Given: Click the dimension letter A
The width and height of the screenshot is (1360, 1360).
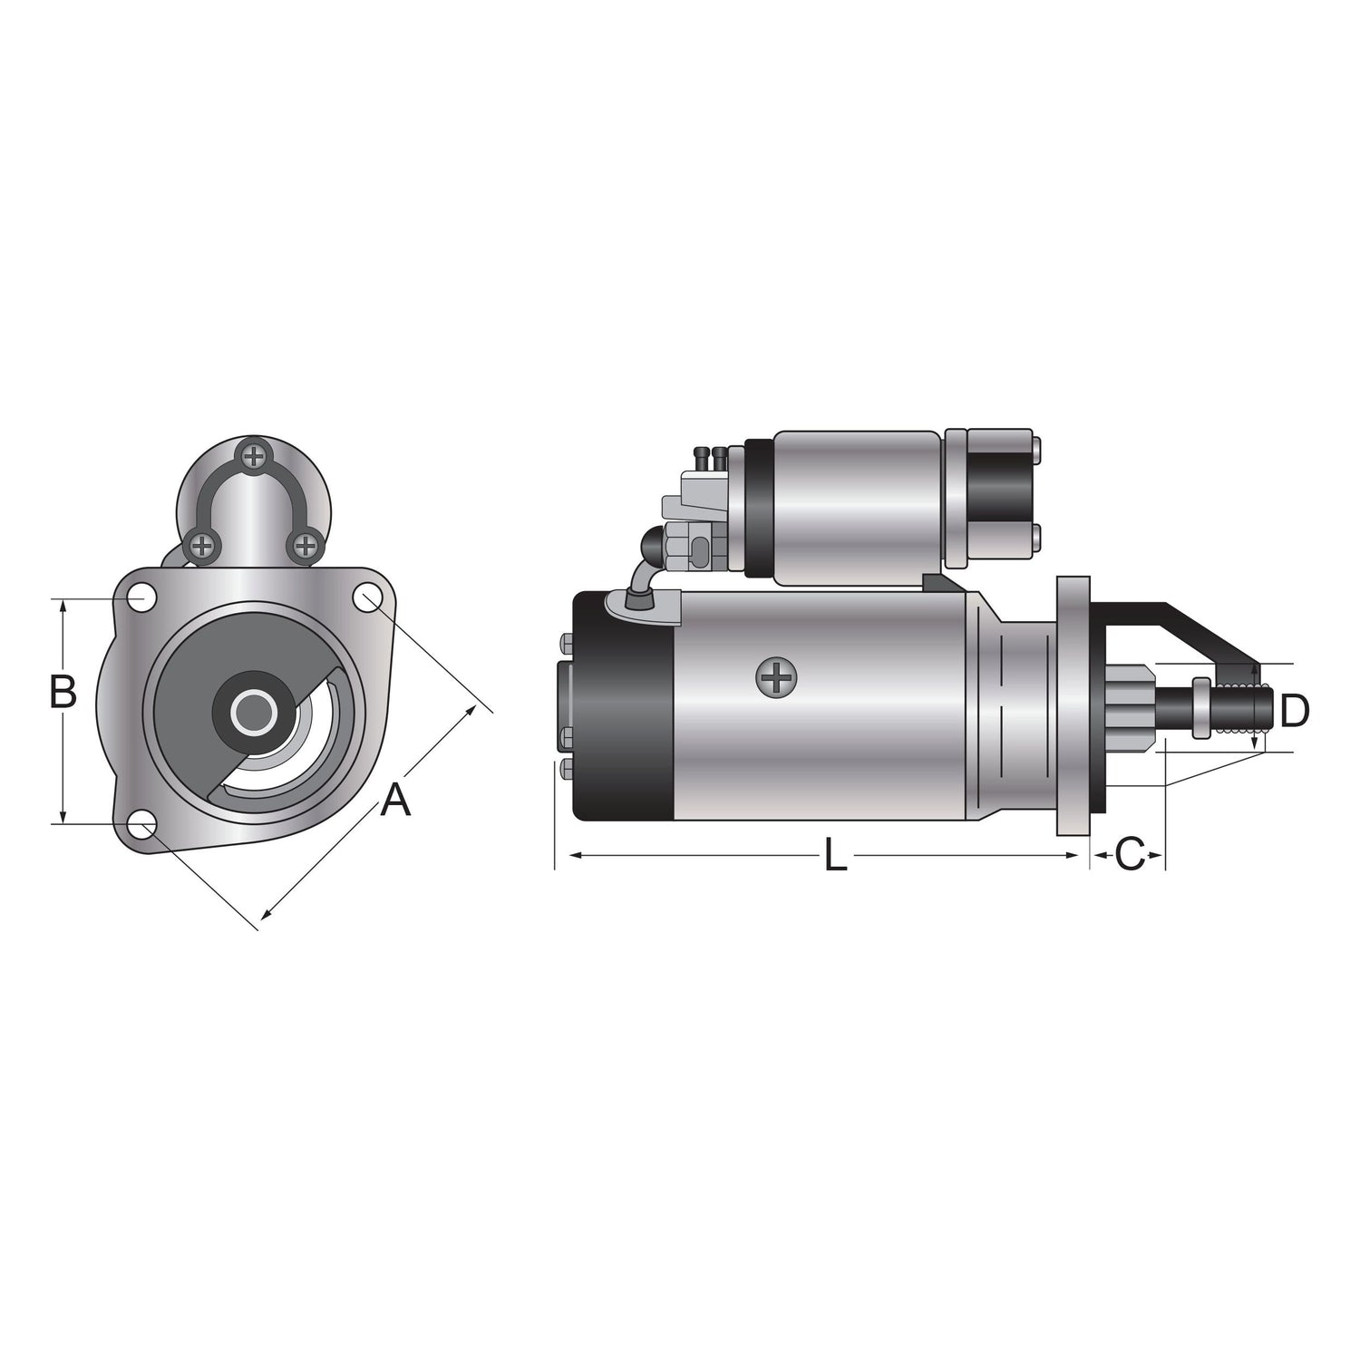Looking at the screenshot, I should [395, 801].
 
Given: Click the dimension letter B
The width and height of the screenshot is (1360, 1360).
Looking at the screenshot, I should [63, 692].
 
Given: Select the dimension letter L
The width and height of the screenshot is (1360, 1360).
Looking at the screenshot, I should [835, 856].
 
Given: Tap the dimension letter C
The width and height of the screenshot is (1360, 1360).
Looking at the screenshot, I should [1130, 854].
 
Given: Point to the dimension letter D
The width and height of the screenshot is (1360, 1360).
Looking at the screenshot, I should [1295, 710].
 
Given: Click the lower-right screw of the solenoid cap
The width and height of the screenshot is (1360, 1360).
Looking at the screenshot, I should [306, 545].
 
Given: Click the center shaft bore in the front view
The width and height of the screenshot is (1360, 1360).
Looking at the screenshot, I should [254, 712].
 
